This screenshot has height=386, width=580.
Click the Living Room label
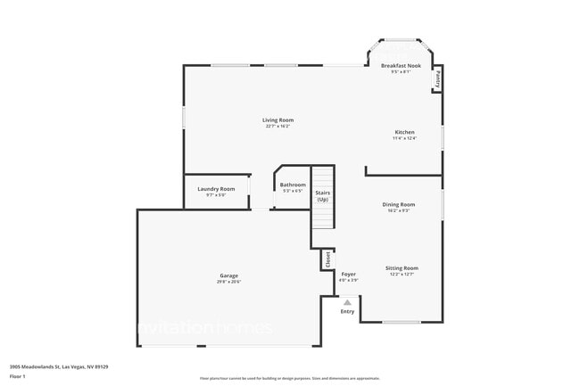[278, 119]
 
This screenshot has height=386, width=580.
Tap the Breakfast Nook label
[401, 66]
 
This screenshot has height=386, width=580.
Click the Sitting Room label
[402, 267]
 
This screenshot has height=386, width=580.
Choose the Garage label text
[229, 275]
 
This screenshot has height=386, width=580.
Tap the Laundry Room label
[216, 188]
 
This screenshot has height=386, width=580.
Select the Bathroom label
[293, 185]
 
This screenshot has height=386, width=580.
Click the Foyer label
[348, 274]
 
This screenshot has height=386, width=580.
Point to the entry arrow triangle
[347, 302]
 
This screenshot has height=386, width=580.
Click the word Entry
[347, 311]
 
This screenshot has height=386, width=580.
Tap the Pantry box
[437, 79]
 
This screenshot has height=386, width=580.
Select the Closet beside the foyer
[327, 259]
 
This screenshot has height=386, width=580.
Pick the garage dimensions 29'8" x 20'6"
[229, 282]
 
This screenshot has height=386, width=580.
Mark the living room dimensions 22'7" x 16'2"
[278, 126]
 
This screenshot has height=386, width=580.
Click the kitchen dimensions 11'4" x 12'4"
[404, 138]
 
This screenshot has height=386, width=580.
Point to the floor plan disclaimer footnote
[289, 378]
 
